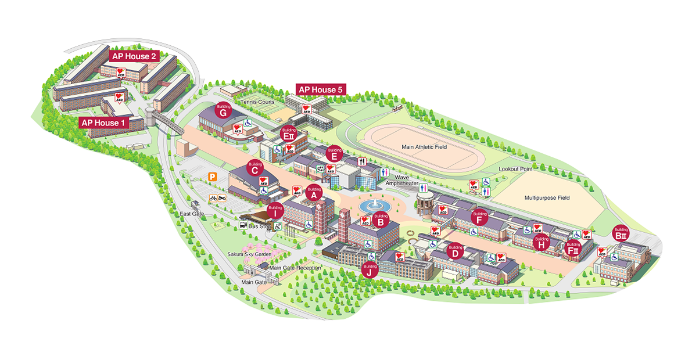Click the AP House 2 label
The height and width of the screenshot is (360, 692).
click(133, 56)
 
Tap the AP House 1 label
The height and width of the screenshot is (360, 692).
click(103, 123)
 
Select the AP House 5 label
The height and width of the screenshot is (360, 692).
click(321, 89)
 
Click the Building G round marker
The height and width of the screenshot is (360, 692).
click(224, 111)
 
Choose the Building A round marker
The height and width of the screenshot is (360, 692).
click(314, 193)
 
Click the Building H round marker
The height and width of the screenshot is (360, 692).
click(542, 242)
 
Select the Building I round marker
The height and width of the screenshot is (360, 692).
click(275, 210)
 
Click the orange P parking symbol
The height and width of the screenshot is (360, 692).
click(213, 177)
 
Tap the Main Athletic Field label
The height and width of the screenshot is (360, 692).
click(424, 147)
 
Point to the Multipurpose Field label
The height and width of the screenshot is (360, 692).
click(547, 197)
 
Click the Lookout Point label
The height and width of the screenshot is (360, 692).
click(515, 169)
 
